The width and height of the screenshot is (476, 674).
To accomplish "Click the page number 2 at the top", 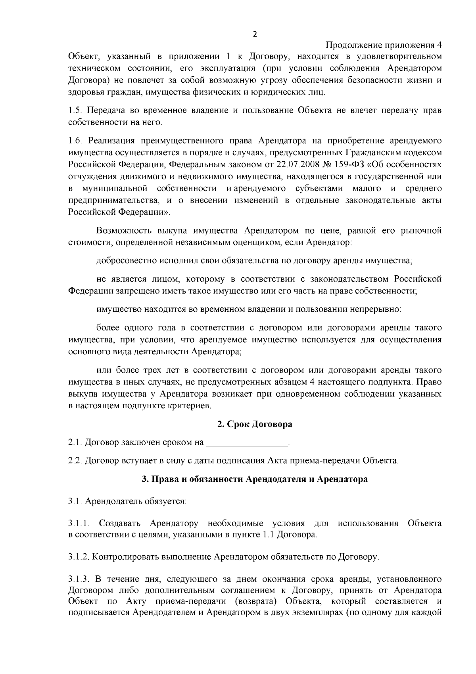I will [255, 34].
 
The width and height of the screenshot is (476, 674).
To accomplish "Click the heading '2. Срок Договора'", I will [255, 424].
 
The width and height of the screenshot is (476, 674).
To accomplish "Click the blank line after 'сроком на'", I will [247, 442].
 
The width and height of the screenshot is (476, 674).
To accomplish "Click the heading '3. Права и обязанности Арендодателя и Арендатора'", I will [255, 479].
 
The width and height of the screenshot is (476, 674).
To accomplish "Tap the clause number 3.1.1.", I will [80, 523].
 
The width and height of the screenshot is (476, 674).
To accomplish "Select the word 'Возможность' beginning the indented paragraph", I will [121, 231].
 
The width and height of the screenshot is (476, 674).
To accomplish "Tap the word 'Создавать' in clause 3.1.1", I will [119, 523].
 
